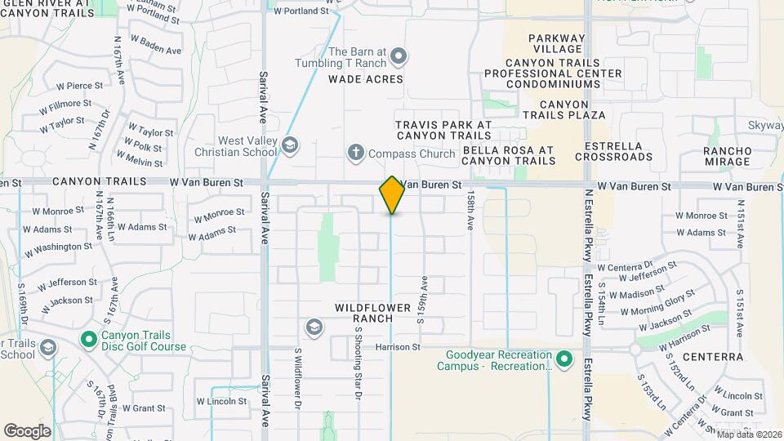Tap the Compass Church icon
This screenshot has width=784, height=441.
point(355,152)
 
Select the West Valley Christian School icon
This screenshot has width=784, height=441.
point(289,145)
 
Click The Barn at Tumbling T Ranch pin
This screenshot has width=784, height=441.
point(399,56)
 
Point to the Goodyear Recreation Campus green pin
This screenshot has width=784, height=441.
point(563,359)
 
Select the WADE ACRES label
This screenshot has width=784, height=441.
point(366,79)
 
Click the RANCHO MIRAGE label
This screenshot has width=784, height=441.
point(727,156)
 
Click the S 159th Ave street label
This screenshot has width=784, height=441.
point(422,299)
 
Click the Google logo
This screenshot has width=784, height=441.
point(27,430)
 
